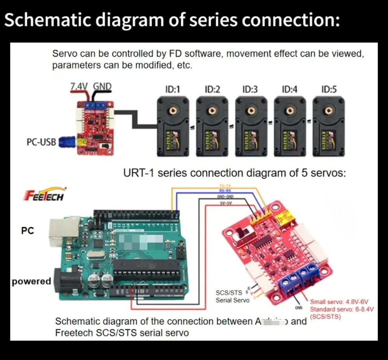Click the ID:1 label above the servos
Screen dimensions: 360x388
(173, 90)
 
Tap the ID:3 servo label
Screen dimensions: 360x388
(250, 90)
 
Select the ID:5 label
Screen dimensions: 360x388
(329, 90)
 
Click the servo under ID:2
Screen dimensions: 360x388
(212, 126)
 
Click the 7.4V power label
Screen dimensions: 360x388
(79, 86)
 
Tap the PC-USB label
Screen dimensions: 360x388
(41, 142)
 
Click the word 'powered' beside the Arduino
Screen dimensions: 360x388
(31, 281)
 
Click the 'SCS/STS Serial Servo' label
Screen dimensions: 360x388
(232, 296)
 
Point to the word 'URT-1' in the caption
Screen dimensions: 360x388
(139, 173)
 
